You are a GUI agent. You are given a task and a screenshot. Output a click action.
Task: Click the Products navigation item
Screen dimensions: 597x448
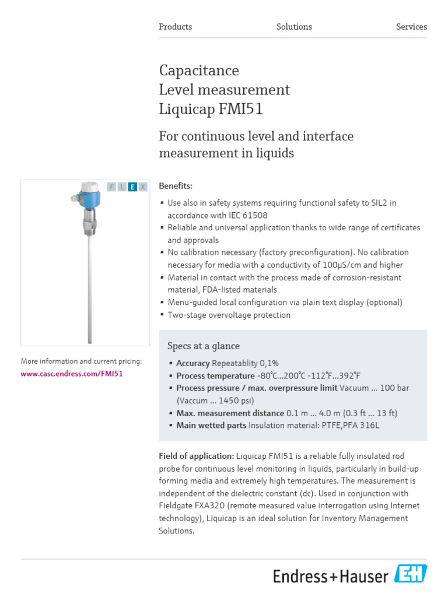175,27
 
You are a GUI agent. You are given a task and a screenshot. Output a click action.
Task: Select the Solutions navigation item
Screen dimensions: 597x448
294,27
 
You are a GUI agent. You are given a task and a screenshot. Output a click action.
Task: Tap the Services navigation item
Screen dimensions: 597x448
411,27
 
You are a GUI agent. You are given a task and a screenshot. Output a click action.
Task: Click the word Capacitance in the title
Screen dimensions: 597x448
199,71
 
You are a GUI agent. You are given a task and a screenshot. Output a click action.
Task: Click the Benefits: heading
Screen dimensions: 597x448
176,186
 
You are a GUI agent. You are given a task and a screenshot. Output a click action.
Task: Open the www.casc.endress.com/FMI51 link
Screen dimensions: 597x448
72,374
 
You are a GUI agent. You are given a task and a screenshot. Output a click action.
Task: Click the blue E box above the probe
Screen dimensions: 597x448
132,187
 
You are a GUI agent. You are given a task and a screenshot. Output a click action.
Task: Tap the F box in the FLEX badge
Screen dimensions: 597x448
111,187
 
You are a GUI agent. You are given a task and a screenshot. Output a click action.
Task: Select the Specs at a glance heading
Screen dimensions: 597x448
204,346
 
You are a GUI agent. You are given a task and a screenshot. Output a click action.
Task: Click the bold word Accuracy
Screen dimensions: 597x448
193,363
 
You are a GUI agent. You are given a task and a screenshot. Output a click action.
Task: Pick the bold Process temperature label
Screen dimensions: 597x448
215,375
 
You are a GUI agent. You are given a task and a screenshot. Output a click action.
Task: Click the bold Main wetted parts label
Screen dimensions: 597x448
211,426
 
